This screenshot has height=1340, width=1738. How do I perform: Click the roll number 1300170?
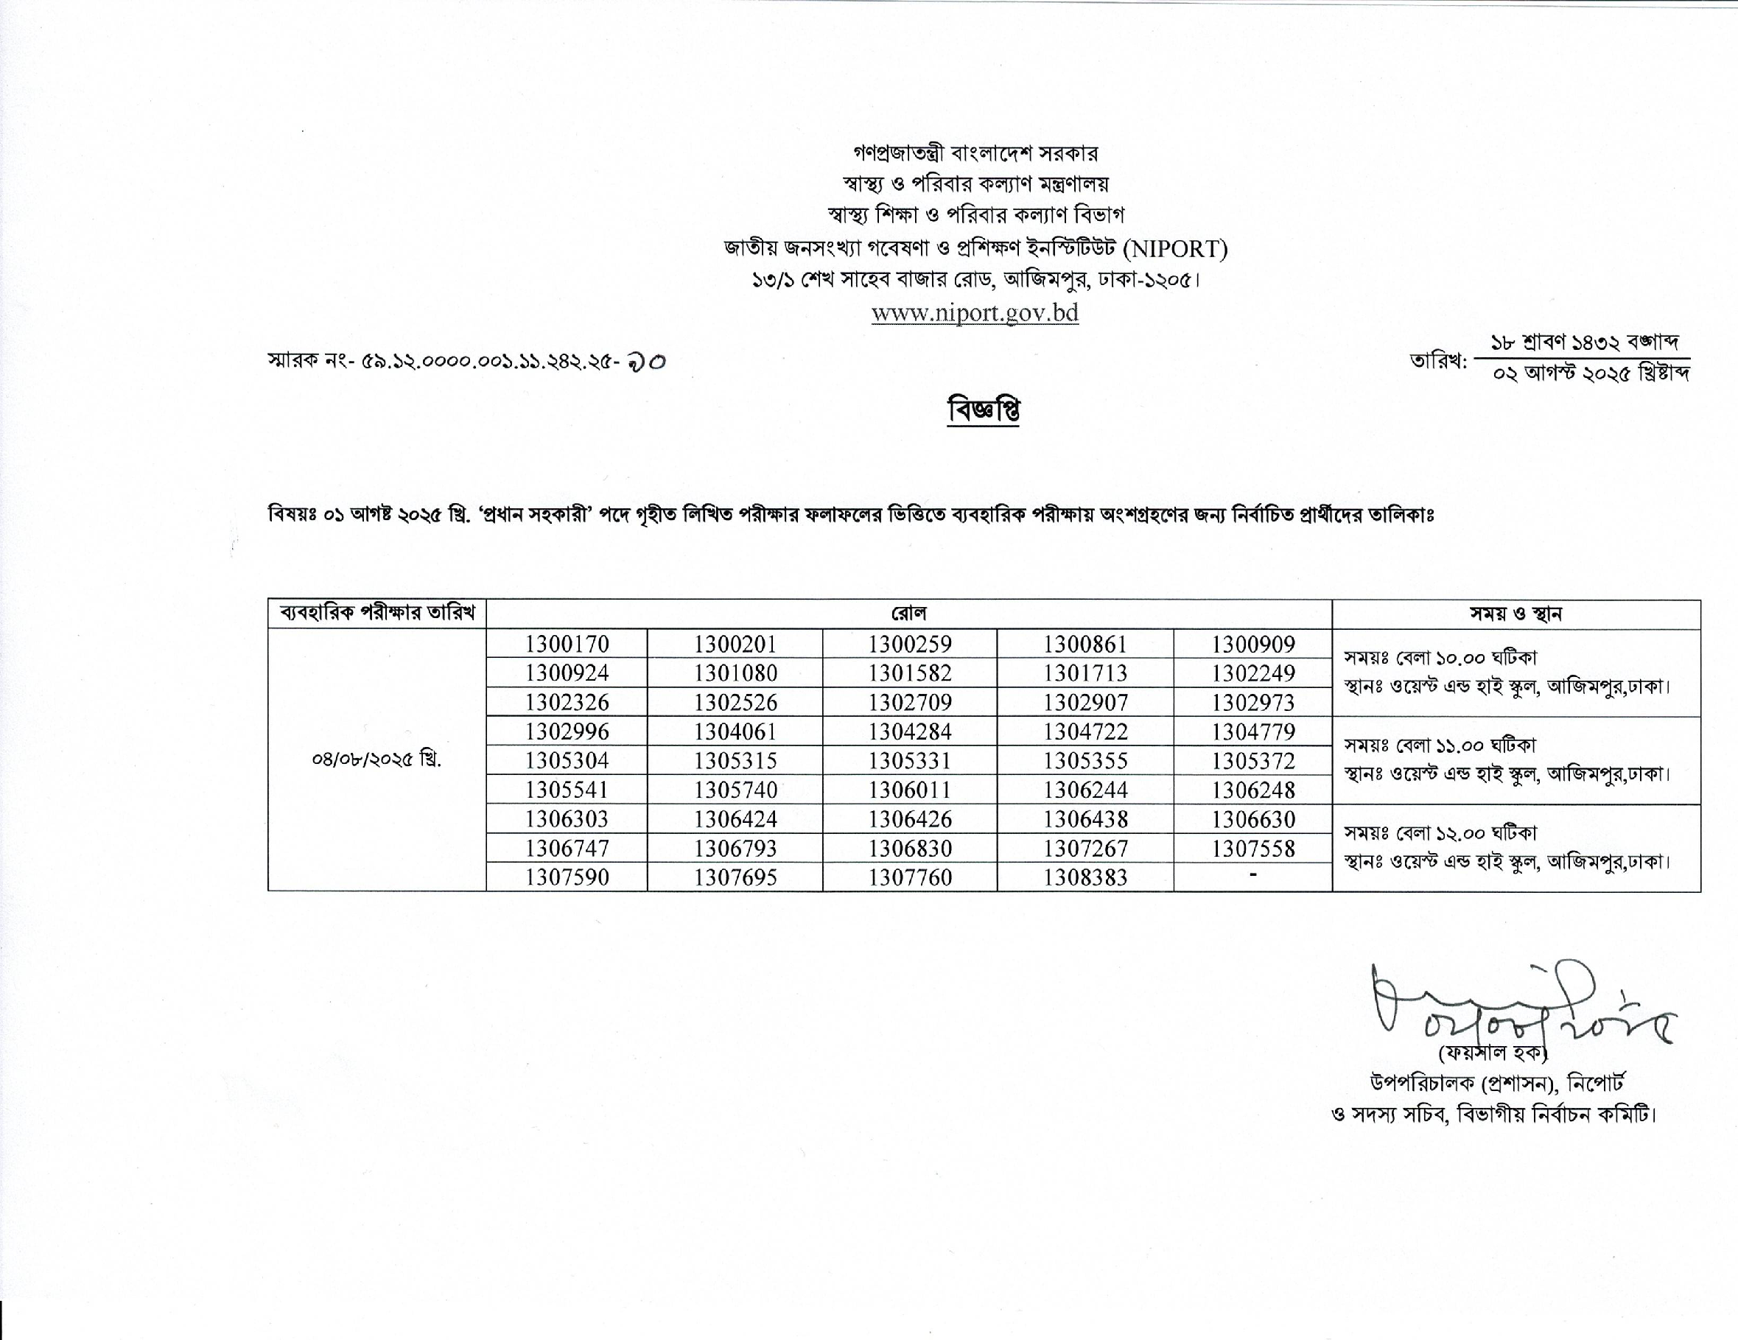(x=567, y=645)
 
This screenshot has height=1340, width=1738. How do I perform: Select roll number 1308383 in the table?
(x=1085, y=877)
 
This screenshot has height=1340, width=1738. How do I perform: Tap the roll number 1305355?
(x=1085, y=761)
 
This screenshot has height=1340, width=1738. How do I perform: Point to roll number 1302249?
(x=1253, y=673)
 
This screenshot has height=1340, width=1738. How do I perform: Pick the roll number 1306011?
(x=910, y=790)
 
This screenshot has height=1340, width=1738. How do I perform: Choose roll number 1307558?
(x=1253, y=848)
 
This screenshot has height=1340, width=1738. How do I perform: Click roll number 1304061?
(x=735, y=732)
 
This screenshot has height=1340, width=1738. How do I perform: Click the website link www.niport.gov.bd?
(x=975, y=313)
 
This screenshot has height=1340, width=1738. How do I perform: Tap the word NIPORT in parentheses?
(x=1175, y=249)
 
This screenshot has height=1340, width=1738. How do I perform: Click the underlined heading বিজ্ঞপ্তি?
(x=984, y=410)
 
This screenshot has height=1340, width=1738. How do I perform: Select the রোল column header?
(x=909, y=614)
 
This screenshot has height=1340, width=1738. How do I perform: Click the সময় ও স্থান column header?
(x=1516, y=614)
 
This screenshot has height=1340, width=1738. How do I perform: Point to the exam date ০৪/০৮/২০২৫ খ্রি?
(x=376, y=760)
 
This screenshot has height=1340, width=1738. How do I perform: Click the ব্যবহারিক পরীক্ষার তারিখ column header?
(x=377, y=614)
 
